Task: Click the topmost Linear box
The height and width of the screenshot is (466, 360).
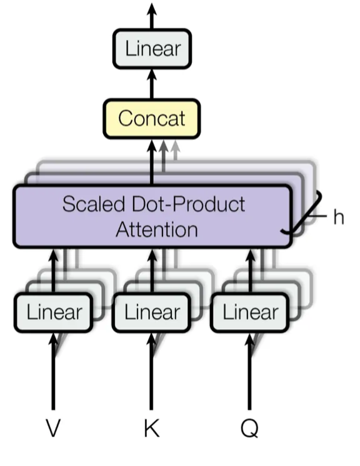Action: (152, 49)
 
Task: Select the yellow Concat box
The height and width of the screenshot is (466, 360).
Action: (152, 118)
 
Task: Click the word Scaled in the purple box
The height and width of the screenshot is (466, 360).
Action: (93, 204)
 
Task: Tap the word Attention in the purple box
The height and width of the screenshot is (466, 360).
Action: (156, 229)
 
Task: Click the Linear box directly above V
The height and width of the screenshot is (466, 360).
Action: (54, 312)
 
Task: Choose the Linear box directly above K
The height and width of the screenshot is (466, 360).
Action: (152, 312)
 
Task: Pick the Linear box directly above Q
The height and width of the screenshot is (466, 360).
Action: (250, 312)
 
